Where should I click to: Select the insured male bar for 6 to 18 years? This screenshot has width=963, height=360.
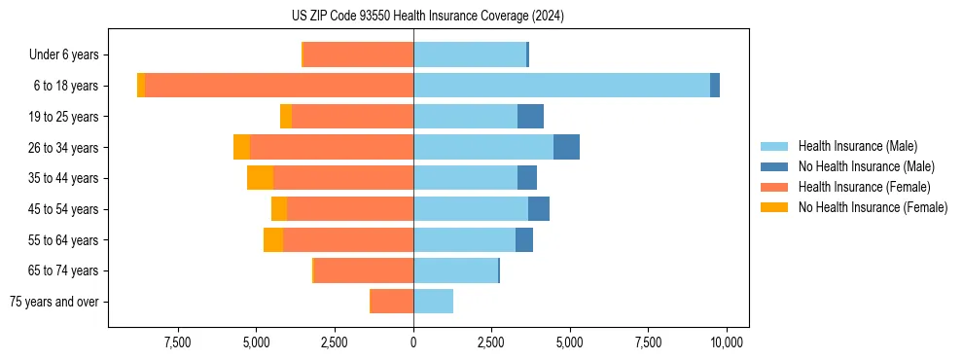click(x=561, y=86)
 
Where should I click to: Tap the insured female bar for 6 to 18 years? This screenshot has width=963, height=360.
click(x=279, y=86)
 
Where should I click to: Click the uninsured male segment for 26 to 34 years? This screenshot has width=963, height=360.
click(x=566, y=147)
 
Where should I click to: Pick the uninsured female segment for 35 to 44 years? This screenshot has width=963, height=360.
click(x=260, y=178)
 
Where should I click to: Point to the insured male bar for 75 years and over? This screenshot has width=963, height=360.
click(x=433, y=302)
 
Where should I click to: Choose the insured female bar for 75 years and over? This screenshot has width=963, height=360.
click(x=392, y=302)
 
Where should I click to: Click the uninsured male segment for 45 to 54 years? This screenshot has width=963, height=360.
click(x=539, y=209)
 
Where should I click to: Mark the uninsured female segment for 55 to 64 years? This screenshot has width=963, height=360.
click(x=273, y=240)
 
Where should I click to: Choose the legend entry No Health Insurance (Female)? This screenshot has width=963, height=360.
click(x=873, y=207)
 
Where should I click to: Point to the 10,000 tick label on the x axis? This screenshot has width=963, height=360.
click(x=727, y=342)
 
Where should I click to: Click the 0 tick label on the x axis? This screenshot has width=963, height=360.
click(x=413, y=342)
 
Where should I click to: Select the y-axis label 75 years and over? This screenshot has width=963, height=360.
click(x=54, y=302)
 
